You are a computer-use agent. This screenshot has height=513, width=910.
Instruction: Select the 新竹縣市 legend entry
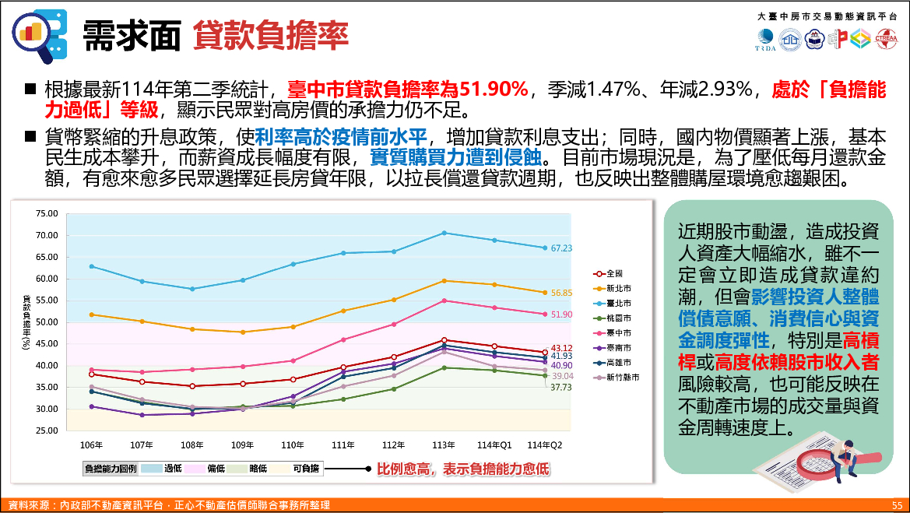[623, 377]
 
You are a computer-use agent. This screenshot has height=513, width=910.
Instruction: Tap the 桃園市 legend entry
[620, 318]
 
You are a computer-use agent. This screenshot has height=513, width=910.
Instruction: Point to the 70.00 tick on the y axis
[47, 235]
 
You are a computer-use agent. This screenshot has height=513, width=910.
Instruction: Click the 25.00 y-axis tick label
[47, 430]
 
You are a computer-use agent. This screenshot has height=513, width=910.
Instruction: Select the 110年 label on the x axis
[293, 445]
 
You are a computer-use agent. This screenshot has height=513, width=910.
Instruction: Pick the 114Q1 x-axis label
[494, 445]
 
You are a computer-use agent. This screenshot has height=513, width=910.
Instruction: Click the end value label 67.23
[561, 248]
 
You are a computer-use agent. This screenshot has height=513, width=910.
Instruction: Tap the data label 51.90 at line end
[561, 314]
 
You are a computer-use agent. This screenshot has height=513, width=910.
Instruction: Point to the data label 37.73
[561, 387]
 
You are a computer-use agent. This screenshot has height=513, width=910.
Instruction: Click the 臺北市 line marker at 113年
[444, 233]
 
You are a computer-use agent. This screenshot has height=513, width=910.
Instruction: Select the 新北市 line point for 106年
[92, 314]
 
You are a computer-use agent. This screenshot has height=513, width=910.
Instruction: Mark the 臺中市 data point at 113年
[444, 300]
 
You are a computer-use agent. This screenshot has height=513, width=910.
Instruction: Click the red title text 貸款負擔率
[271, 35]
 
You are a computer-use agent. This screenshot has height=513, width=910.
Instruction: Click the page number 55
[897, 505]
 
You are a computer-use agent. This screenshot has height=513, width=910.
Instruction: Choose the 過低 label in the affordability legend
[173, 469]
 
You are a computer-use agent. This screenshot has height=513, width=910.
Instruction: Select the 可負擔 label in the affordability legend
[304, 469]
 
